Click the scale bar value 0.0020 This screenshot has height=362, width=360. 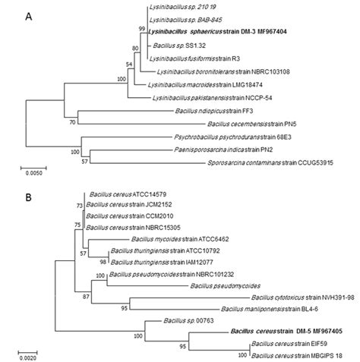pyautogui.click(x=30, y=354)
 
